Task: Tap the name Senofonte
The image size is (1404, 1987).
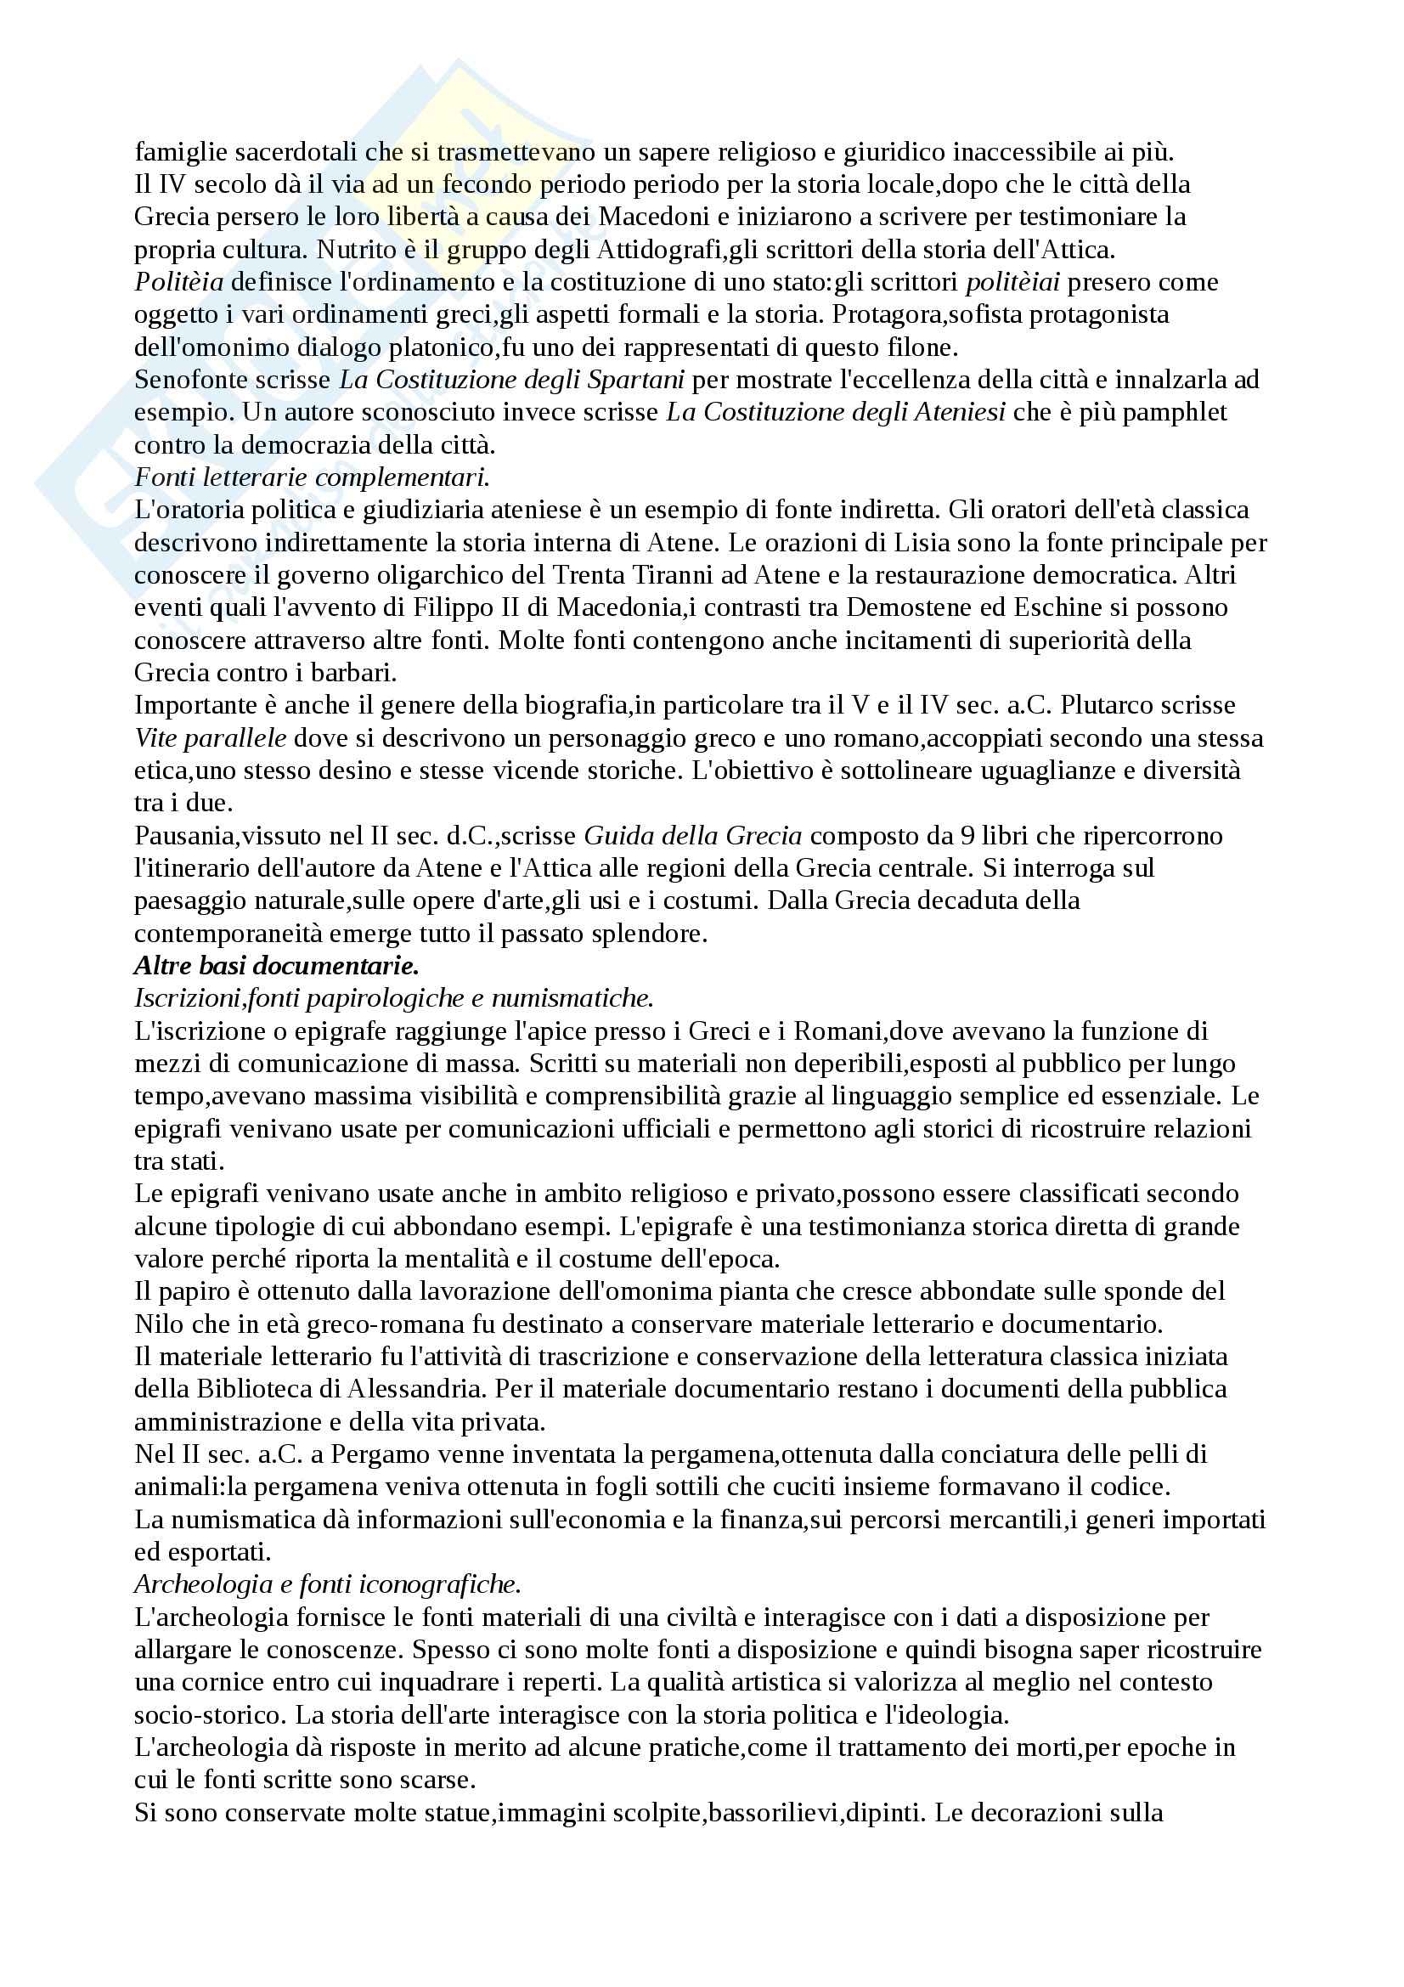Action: pyautogui.click(x=189, y=380)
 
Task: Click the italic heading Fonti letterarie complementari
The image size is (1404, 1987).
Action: pyautogui.click(x=313, y=477)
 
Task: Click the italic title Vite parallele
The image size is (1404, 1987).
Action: pyautogui.click(x=210, y=738)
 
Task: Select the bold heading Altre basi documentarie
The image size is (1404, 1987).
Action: pyautogui.click(x=276, y=966)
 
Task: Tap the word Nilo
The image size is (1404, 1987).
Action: pyautogui.click(x=158, y=1324)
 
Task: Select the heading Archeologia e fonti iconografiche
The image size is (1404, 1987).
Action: pyautogui.click(x=327, y=1584)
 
